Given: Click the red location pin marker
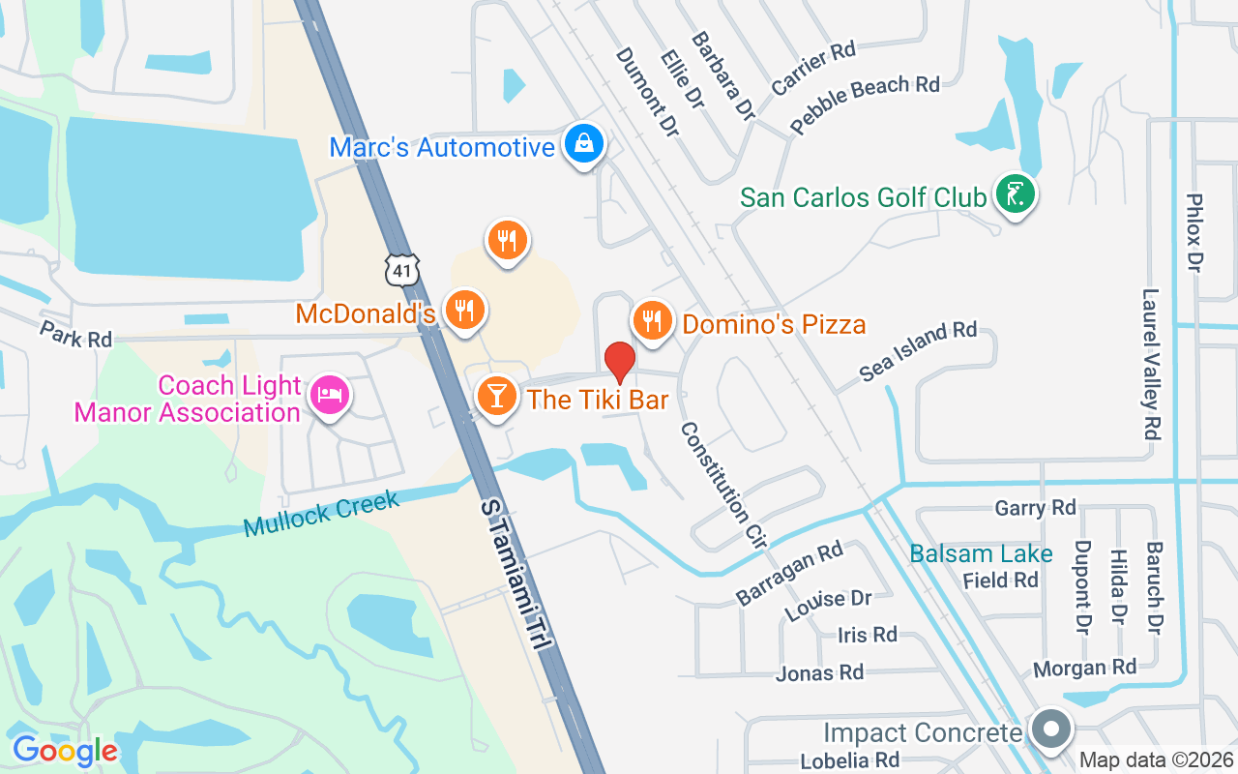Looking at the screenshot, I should tap(620, 362).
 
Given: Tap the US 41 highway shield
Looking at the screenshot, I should tap(401, 270).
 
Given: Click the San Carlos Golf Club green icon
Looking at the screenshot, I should tap(1014, 195).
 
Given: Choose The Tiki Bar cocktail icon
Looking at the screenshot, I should tap(497, 396).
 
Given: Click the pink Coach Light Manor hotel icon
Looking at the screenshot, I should tap(330, 396).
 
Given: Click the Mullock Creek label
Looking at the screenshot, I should tap(321, 514).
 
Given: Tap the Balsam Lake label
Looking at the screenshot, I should tap(981, 554).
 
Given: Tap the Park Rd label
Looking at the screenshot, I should tap(75, 334).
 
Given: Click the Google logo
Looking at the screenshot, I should tap(65, 750).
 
